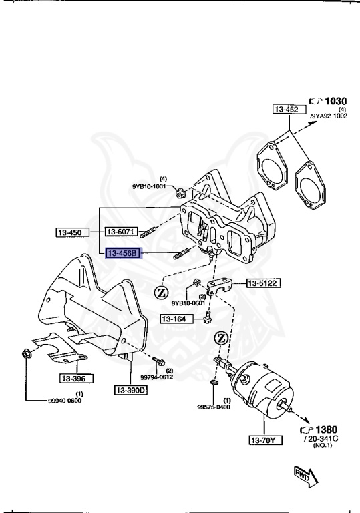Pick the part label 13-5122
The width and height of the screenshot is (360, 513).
point(263,283)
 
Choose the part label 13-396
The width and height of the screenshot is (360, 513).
point(77,378)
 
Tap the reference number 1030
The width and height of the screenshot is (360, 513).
point(335,101)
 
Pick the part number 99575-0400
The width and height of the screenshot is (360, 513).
point(214,406)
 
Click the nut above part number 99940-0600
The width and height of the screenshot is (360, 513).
point(25,353)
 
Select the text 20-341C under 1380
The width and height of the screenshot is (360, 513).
point(323,439)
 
